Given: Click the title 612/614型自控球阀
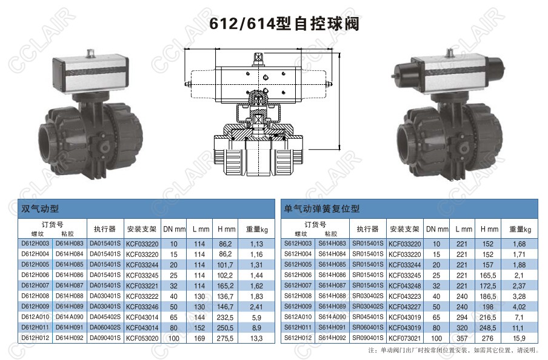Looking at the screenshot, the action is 284,24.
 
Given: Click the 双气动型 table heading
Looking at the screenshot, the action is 40,208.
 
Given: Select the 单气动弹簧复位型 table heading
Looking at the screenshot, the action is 322,208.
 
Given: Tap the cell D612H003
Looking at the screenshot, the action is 35,243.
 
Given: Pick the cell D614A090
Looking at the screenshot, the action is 70,316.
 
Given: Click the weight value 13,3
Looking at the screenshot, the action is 256,338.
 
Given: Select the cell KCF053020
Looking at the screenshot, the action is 142,338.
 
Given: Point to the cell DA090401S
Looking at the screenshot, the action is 105,338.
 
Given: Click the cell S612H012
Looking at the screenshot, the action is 298,338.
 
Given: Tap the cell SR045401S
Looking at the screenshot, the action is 368,316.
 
